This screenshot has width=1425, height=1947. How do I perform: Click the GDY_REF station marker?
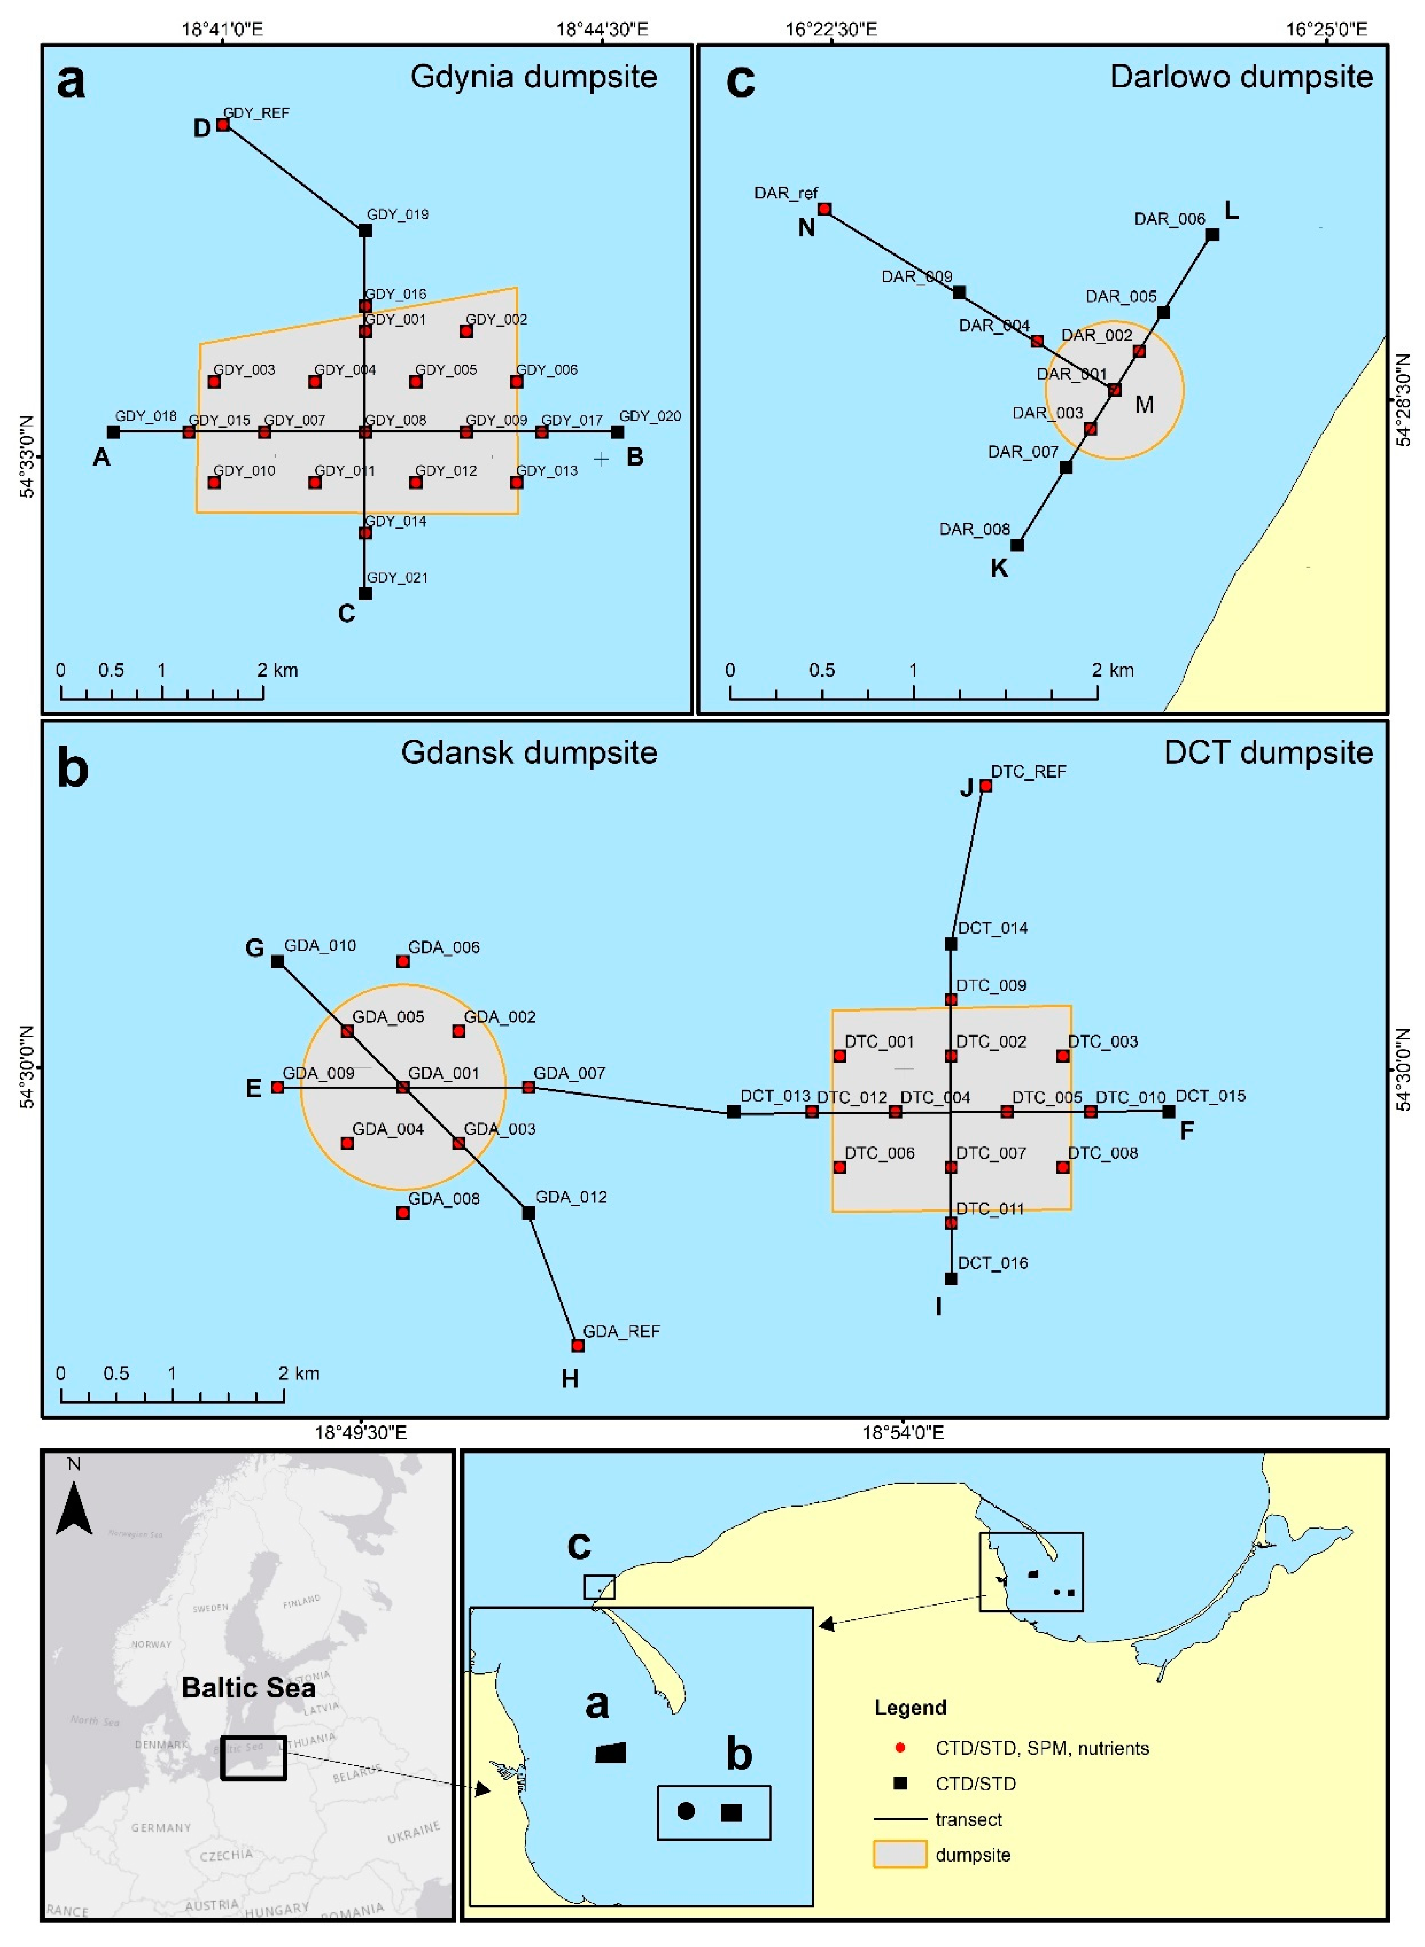[223, 125]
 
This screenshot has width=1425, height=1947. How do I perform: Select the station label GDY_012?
[446, 471]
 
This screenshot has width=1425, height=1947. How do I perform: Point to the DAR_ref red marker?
[824, 209]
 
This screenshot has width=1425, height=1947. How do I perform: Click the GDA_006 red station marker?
[403, 961]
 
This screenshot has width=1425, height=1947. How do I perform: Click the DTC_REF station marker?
[985, 786]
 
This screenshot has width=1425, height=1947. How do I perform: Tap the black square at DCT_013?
[733, 1112]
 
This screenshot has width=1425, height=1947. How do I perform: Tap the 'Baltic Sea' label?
[248, 1687]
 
